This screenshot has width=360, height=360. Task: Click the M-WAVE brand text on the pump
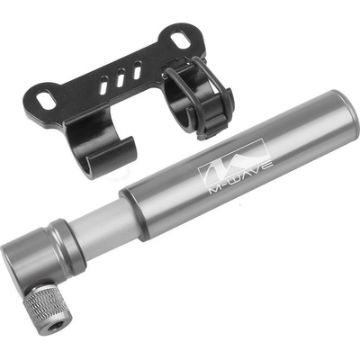coord(241,178)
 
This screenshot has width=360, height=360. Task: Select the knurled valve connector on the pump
coord(49,309)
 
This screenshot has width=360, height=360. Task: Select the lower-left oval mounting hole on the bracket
coord(46,101)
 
